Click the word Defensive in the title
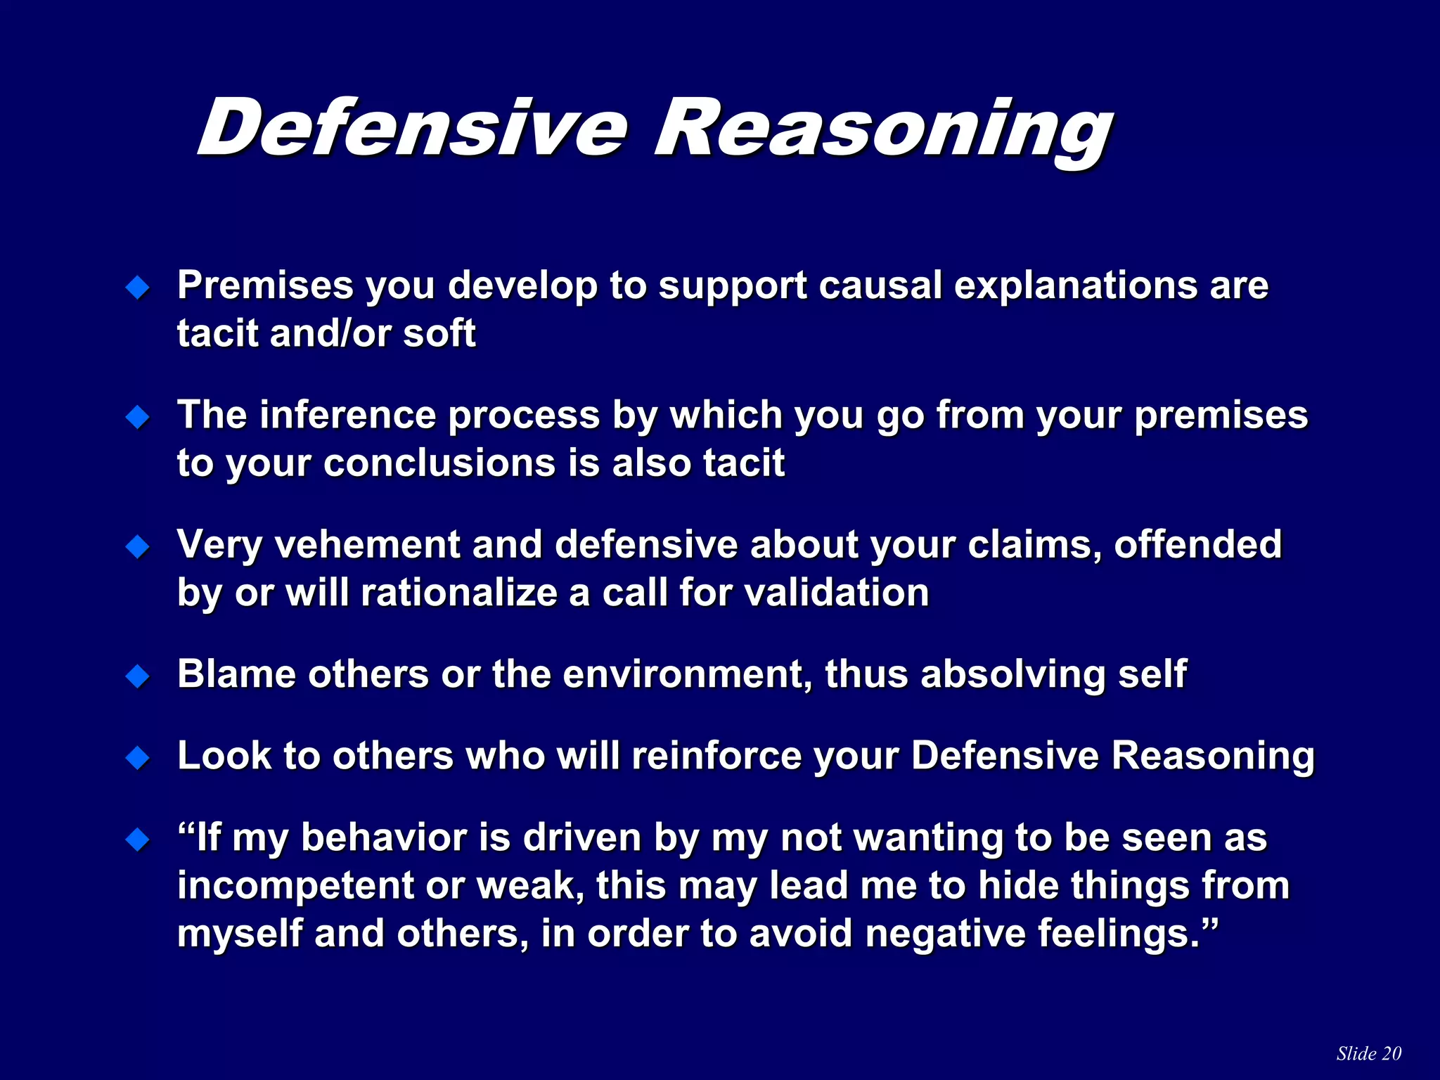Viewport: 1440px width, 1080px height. point(411,128)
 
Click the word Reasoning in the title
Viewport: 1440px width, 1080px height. point(882,130)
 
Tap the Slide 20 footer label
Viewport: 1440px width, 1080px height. point(1368,1053)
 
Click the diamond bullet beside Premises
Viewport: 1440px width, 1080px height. point(138,287)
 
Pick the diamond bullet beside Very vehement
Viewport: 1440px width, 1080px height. point(138,546)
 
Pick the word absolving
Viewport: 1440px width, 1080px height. point(1012,674)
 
